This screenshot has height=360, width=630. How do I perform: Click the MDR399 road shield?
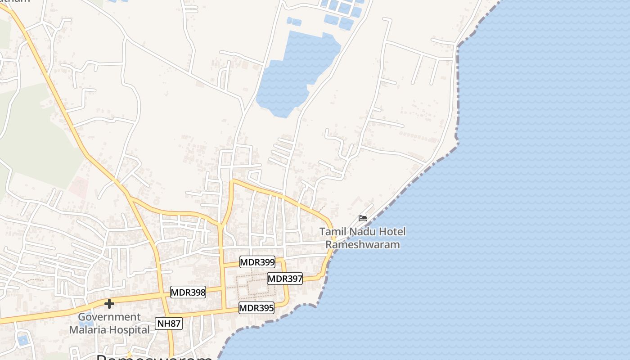click(x=257, y=262)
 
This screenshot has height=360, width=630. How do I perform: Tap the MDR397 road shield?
click(x=285, y=279)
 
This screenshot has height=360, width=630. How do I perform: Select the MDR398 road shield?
click(x=188, y=292)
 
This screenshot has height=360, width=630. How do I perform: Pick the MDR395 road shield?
click(x=256, y=308)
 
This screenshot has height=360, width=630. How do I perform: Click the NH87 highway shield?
click(x=169, y=323)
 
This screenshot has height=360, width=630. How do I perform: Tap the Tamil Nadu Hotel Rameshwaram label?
click(x=363, y=238)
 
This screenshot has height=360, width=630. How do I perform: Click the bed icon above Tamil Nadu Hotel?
click(x=363, y=218)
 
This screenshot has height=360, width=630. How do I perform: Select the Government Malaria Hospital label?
click(x=109, y=323)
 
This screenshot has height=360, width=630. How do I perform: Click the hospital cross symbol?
click(x=109, y=304)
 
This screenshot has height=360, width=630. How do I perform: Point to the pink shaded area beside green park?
click(x=79, y=187)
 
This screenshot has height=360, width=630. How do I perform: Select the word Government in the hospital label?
click(x=109, y=317)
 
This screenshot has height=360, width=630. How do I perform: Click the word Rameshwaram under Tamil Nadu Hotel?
click(x=363, y=245)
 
